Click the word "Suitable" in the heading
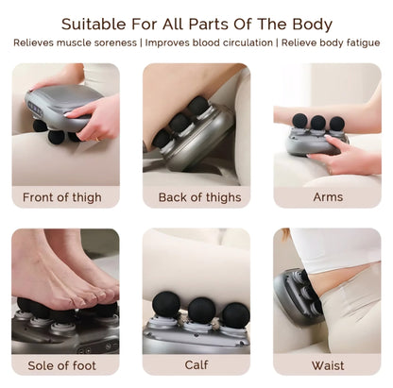94,25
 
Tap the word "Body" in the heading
313,25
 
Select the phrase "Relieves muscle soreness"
75,42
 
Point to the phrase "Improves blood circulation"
209,42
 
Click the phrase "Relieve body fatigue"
331,42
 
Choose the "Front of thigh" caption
62,197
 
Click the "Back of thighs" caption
199,197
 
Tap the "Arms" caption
328,197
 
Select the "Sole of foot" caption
61,365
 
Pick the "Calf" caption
196,365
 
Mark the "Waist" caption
328,365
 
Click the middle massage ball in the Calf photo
202,311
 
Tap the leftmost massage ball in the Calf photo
166,305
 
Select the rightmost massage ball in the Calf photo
236,315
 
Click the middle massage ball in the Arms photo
318,123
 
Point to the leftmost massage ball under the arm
299,121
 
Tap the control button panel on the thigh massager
36,109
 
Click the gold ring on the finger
97,139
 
